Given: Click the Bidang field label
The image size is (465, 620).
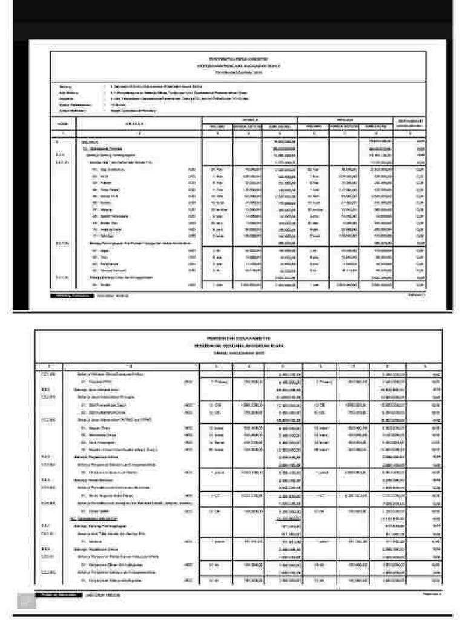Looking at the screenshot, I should tap(65, 87).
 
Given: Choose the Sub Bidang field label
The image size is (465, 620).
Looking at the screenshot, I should tap(67, 92).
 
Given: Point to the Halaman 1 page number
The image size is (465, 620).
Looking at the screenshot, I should tap(417, 295).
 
